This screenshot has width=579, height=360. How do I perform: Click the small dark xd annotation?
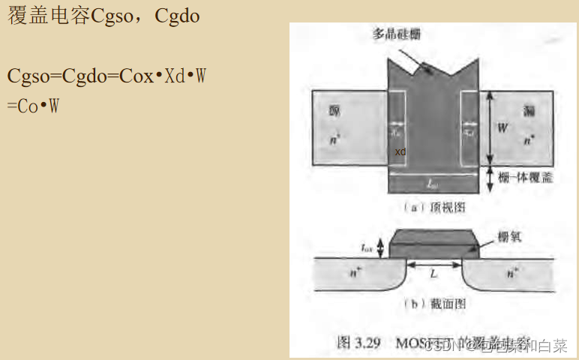click(400, 151)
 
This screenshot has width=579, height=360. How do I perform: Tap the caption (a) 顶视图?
click(434, 205)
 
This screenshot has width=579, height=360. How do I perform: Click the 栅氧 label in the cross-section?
click(509, 236)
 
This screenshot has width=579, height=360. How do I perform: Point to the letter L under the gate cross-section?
click(433, 274)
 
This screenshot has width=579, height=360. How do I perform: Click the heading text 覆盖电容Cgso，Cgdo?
click(103, 16)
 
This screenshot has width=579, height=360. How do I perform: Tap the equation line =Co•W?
click(33, 106)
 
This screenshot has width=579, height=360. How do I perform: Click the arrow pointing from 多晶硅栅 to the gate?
click(413, 58)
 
